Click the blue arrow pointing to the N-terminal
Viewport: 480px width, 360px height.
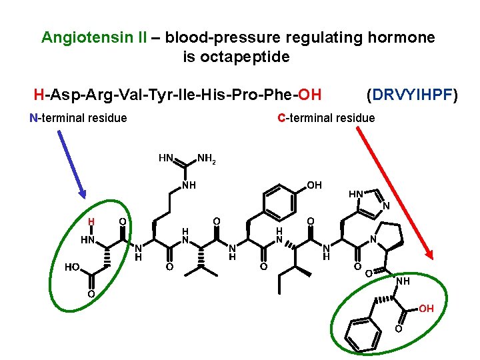71,163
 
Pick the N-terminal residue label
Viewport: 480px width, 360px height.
79,118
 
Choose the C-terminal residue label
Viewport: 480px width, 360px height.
326,118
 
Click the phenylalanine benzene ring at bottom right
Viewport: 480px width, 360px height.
362,334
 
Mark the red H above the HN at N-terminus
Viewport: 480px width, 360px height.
93,222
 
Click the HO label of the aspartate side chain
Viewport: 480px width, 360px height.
73,267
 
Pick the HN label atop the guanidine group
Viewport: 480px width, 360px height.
166,158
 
